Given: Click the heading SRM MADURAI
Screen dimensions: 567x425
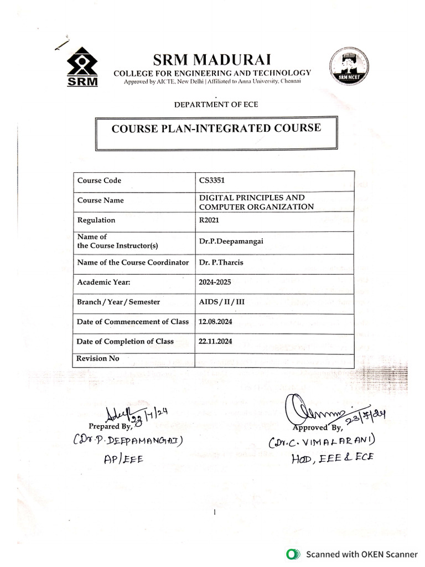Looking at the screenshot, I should tap(212, 59).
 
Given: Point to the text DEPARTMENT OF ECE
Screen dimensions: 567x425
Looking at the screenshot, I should tap(216, 104).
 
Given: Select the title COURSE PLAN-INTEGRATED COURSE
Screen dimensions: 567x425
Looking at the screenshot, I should tap(216, 128).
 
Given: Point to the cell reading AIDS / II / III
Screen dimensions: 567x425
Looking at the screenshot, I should tap(221, 302).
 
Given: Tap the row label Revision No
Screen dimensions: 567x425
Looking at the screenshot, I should tap(99, 358).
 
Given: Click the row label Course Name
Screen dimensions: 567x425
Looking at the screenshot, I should tap(101, 200).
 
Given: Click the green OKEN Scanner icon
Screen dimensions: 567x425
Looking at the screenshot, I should tap(292, 553).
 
